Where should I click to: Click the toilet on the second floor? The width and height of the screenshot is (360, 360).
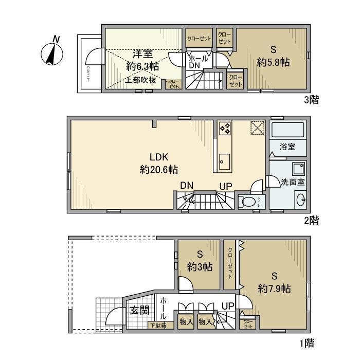click(250, 202)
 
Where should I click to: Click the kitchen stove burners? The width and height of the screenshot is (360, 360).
click(225, 128)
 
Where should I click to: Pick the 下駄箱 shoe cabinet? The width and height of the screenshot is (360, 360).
click(157, 325)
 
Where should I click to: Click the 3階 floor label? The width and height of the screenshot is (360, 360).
click(311, 100)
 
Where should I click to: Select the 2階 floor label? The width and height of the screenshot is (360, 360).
click(311, 221)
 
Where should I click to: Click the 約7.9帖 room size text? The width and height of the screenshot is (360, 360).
click(275, 289)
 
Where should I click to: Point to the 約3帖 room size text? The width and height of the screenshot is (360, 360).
click(200, 266)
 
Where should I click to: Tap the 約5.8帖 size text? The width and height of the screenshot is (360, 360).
click(274, 62)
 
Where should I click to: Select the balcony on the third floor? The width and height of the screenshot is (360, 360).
click(88, 64)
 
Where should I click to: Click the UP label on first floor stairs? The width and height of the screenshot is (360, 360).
click(227, 306)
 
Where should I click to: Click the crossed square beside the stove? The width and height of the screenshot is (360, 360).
click(257, 127)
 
